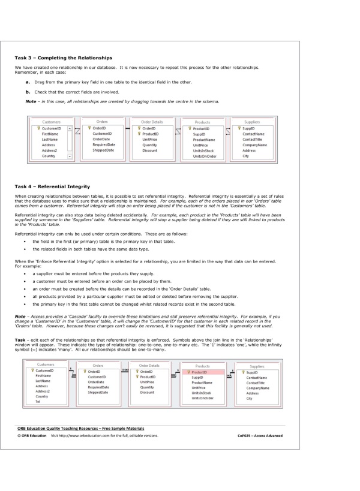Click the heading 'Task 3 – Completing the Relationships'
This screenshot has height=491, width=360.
pos(63,58)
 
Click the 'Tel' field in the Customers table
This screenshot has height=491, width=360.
pos(39,402)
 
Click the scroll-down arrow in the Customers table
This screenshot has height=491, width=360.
pos(70,156)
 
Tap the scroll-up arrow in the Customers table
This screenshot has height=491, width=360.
pos(70,128)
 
